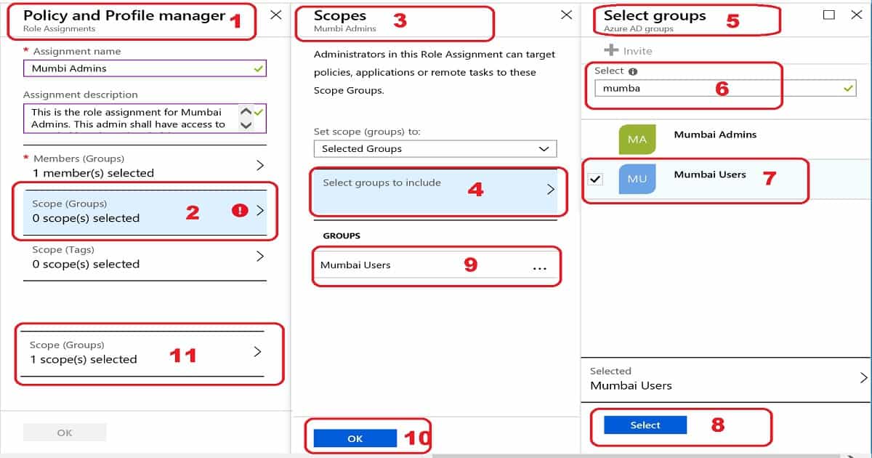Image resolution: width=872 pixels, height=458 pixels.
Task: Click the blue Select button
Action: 645,425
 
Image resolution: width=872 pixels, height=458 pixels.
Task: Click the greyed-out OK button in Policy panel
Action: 65,433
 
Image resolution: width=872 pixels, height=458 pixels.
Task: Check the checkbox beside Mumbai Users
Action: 595,179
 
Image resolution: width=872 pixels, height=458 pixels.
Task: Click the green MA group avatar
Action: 637,139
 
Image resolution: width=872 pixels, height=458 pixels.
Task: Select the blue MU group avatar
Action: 637,179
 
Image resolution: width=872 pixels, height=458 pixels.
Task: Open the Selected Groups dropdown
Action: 435,148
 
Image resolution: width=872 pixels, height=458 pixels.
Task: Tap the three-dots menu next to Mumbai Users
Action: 539,268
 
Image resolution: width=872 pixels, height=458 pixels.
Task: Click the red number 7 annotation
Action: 770,177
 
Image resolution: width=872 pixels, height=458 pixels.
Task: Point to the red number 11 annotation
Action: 182,355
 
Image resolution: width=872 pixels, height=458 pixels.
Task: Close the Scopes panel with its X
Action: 567,15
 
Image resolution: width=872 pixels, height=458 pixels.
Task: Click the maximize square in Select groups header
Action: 829,15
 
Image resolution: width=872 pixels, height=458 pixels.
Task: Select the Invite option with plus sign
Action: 629,51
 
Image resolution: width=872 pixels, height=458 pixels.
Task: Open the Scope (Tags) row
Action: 145,257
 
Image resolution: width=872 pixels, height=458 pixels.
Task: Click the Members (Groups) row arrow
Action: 260,166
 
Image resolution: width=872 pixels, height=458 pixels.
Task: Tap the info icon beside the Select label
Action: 633,71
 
